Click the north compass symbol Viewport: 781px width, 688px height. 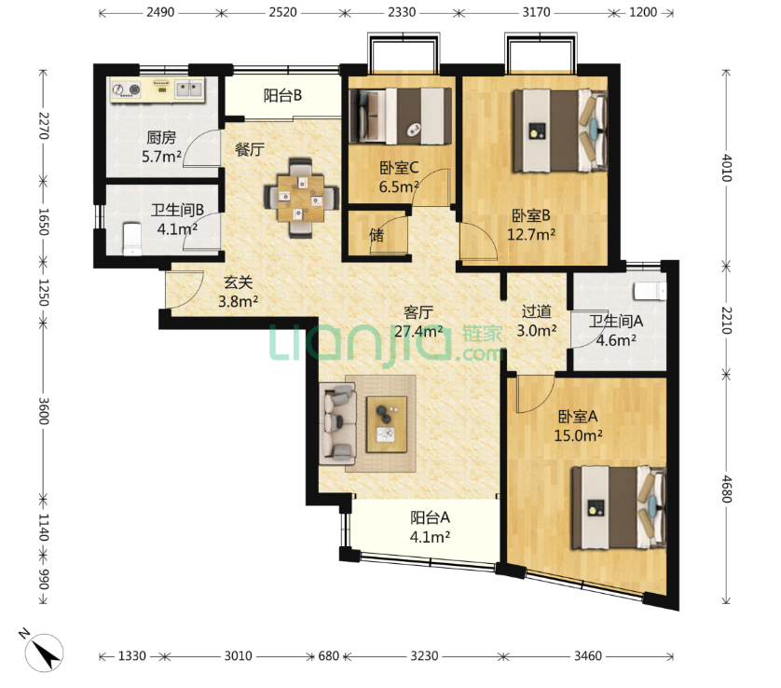[x=45, y=653]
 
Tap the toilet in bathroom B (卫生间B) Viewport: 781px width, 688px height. [x=132, y=239]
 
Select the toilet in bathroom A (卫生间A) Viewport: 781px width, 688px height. [x=650, y=292]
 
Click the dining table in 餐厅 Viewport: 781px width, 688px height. [x=301, y=199]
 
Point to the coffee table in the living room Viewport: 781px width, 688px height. [x=387, y=424]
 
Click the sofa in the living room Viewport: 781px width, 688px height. [x=337, y=424]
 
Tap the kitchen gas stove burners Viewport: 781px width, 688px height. [x=126, y=89]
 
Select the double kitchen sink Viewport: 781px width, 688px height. [x=189, y=89]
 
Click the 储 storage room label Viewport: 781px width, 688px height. [x=377, y=235]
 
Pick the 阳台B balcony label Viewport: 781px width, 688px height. [x=282, y=95]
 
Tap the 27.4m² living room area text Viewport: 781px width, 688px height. [x=418, y=331]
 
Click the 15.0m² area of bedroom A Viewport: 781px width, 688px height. [x=578, y=435]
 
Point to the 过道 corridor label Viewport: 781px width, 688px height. [x=537, y=311]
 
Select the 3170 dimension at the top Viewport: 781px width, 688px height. [x=536, y=12]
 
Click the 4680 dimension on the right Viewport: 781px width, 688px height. [x=726, y=489]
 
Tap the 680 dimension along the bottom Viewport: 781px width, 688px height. [x=329, y=655]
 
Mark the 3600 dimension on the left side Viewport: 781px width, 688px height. [x=43, y=411]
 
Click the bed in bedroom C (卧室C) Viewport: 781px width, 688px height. [x=401, y=117]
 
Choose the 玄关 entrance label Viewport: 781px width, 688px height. [x=238, y=282]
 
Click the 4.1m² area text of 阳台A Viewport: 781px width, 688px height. [x=430, y=537]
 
